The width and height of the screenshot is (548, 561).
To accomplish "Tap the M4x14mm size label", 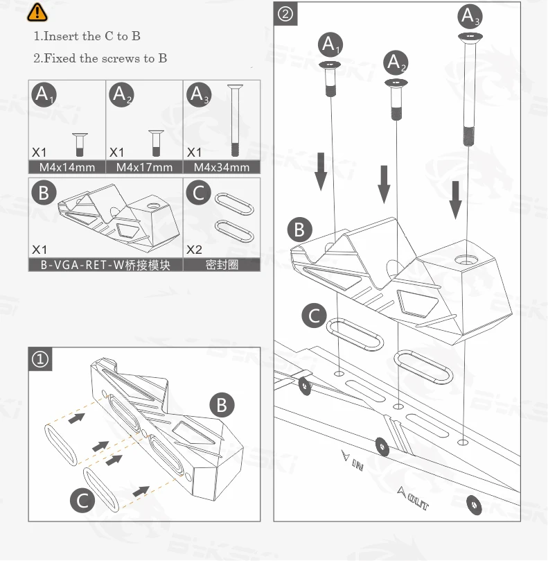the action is [x=67, y=167].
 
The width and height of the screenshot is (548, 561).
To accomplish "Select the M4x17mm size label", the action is [x=144, y=167].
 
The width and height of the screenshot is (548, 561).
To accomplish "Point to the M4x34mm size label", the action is [x=222, y=167].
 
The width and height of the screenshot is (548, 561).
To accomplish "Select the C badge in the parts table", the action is [x=200, y=192].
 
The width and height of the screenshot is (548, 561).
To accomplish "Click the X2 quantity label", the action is [x=195, y=249].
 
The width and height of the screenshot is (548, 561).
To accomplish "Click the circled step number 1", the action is [x=42, y=360].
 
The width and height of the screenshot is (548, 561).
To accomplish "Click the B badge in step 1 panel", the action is [x=222, y=404].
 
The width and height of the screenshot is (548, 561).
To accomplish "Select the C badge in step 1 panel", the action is [x=83, y=499].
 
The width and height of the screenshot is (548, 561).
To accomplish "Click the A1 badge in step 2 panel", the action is [x=330, y=46].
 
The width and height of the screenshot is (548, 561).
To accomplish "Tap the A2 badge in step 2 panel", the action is [x=396, y=63].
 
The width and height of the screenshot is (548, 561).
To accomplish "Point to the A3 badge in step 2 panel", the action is [x=470, y=15].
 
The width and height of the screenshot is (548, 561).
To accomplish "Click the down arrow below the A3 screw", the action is [x=455, y=198].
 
